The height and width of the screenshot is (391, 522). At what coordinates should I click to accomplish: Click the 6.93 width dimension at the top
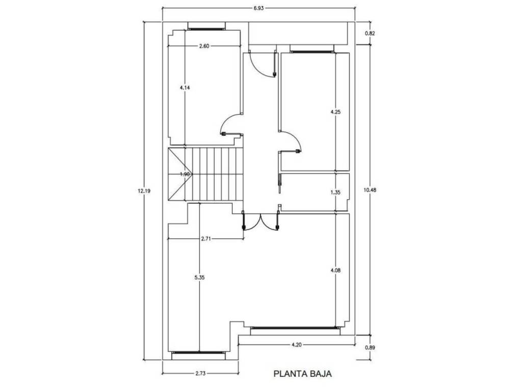tap(258, 8)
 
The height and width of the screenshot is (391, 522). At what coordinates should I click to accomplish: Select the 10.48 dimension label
tap(370, 190)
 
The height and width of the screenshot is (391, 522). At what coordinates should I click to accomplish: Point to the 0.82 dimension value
tap(370, 33)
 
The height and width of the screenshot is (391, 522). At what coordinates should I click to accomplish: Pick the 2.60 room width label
tap(204, 46)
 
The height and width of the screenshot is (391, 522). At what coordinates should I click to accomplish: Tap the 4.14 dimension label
tap(185, 88)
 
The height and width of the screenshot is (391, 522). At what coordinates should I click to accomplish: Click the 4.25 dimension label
tap(335, 112)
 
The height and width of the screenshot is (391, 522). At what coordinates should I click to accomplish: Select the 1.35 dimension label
tap(335, 192)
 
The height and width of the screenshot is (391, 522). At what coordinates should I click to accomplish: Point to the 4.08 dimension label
tap(335, 270)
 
